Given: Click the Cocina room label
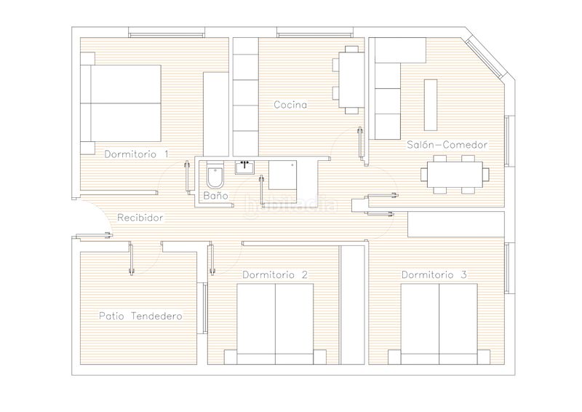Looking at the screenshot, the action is click(290, 105).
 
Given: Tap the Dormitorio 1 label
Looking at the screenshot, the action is click(136, 154).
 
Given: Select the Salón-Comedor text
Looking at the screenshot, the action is click(447, 145).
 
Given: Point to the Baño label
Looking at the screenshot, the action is click(215, 195).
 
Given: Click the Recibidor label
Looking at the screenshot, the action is click(140, 218).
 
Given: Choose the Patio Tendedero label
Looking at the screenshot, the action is click(140, 316).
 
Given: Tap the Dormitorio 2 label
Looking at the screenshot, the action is click(275, 275).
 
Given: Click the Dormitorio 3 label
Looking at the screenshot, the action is click(434, 275).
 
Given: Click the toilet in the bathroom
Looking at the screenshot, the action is click(215, 175).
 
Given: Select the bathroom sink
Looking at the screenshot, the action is click(244, 167).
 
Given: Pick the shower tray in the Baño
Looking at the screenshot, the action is click(282, 175).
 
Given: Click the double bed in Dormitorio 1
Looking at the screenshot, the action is click(121, 103).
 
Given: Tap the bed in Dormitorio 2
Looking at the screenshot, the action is click(275, 324).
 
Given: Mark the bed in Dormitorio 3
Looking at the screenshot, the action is click(439, 324).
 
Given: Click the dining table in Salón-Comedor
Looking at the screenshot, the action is click(455, 175).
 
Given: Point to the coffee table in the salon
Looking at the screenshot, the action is click(431, 105).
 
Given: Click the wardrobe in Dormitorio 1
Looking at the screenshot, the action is click(216, 114).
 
